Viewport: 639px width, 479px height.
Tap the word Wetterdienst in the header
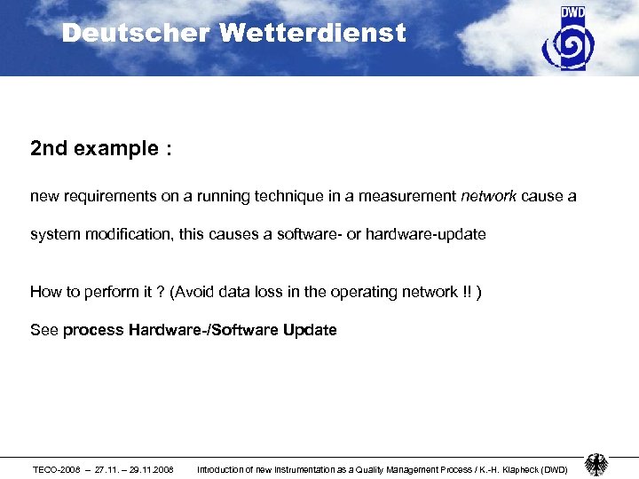(312, 34)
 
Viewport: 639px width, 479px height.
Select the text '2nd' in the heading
(49, 149)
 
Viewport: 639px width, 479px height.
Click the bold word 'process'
(93, 330)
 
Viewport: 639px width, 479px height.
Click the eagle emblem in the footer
(596, 465)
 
